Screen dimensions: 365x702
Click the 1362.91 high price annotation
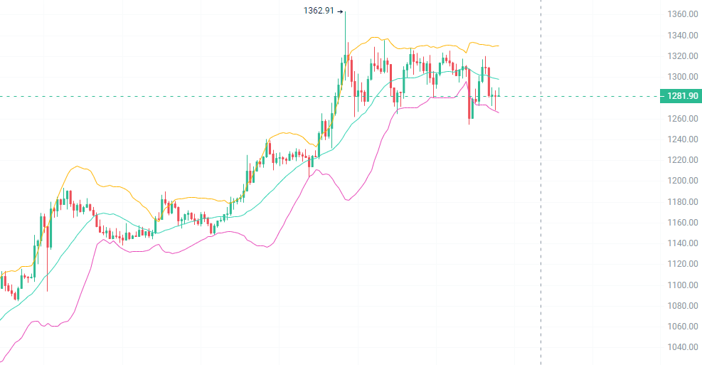[319, 11]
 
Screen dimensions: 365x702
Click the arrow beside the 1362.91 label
[340, 11]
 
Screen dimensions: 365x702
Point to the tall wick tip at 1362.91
[346, 12]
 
